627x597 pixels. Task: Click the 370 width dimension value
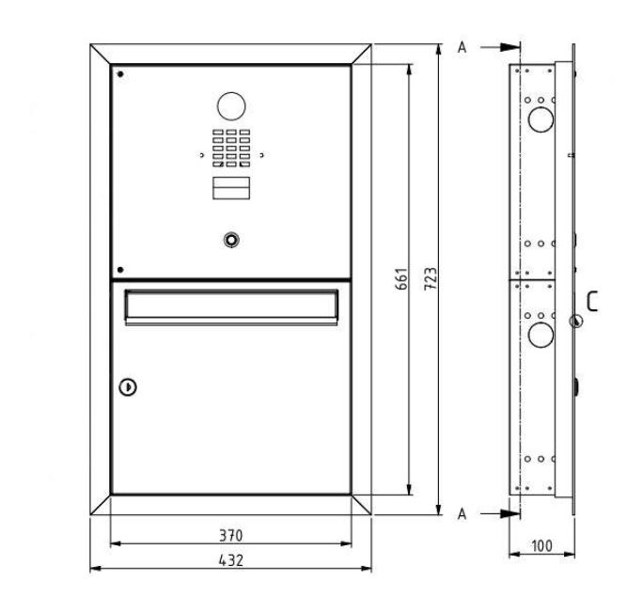[x=230, y=535]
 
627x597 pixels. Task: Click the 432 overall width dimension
[x=230, y=560]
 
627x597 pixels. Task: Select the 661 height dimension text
[x=402, y=278]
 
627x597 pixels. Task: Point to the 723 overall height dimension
[x=430, y=278]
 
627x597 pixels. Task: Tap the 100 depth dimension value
[x=541, y=546]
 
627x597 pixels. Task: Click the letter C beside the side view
[x=592, y=302]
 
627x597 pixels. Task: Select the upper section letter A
[x=462, y=47]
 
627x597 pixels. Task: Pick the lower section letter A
[x=462, y=513]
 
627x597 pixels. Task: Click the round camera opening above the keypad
[x=231, y=106]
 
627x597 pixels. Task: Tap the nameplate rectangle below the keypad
[x=231, y=188]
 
